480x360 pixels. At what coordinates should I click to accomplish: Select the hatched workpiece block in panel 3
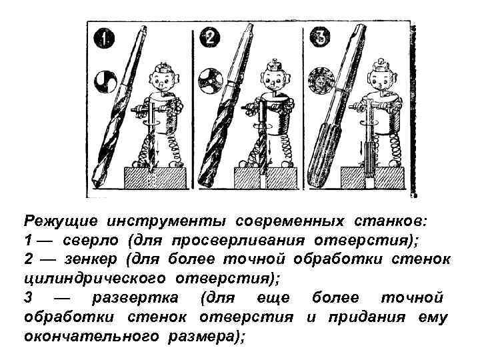[x=374, y=179]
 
